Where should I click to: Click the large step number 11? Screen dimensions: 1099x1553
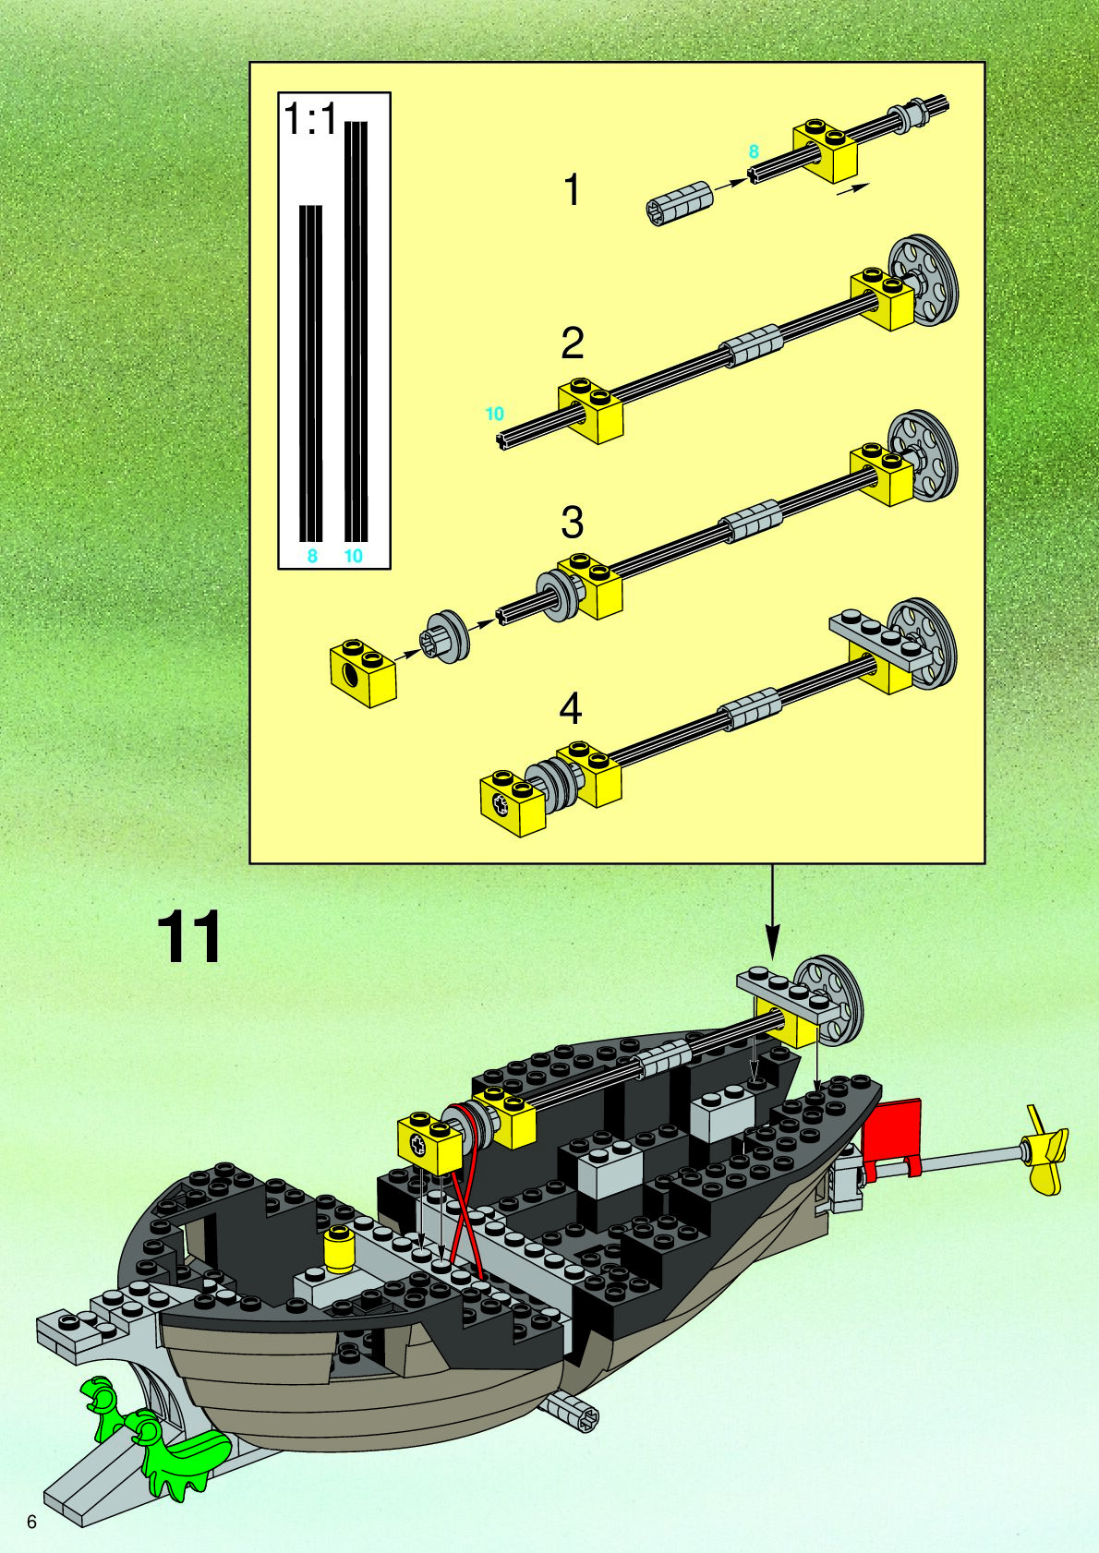click(x=190, y=937)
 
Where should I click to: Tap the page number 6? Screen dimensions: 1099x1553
click(x=32, y=1522)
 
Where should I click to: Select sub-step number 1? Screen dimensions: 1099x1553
click(x=573, y=190)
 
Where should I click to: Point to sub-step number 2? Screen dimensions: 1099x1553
click(x=573, y=343)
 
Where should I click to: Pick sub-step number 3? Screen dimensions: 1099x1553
click(x=573, y=523)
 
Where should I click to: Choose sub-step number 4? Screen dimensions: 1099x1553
click(x=571, y=709)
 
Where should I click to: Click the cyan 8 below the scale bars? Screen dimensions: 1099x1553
click(x=312, y=556)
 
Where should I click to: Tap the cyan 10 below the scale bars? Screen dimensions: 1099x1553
click(x=353, y=556)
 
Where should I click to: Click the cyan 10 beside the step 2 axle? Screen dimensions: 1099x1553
click(x=495, y=414)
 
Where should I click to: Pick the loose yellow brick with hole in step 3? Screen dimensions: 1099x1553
click(x=363, y=672)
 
